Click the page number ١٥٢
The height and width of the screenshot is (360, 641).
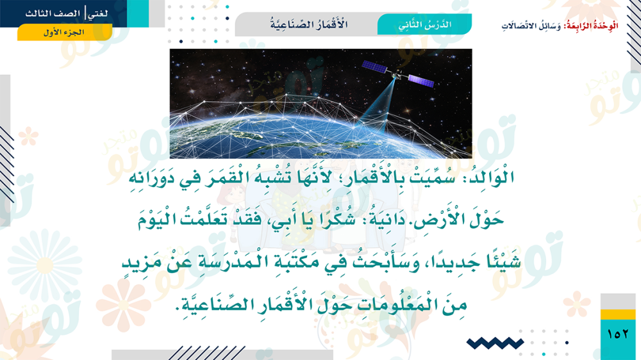(618, 334)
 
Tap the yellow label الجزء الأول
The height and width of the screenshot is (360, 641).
(64, 32)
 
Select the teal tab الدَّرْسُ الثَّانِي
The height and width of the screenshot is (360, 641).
(424, 24)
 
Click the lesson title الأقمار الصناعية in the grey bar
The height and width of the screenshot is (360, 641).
(309, 24)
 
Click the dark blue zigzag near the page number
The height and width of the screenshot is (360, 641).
(495, 343)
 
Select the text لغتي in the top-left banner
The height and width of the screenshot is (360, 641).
(98, 13)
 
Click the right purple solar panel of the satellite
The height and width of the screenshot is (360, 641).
(421, 81)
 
